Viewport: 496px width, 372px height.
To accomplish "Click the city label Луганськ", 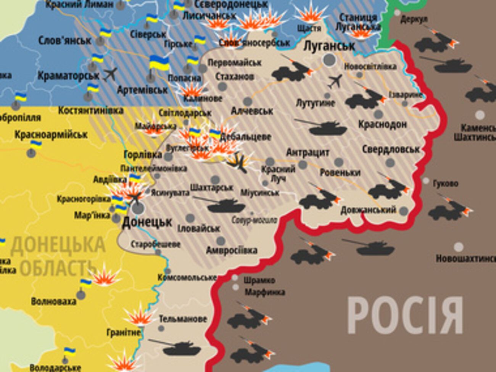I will click(x=329, y=46).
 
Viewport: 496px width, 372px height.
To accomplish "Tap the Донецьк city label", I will click(x=147, y=222).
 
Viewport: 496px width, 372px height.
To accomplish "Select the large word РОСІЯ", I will click(x=405, y=316).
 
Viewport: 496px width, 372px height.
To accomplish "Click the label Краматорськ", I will click(x=68, y=76).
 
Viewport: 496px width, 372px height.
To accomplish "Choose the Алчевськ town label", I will click(x=252, y=111).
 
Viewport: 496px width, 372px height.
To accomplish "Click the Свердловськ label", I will click(x=391, y=149).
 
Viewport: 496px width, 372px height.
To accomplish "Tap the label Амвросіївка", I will click(x=232, y=251).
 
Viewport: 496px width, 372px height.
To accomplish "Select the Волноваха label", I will click(x=53, y=301).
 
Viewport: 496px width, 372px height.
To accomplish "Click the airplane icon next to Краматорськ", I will click(x=110, y=74).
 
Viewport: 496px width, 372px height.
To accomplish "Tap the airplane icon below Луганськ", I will click(x=335, y=81).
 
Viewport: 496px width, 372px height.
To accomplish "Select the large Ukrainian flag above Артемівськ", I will click(x=159, y=63).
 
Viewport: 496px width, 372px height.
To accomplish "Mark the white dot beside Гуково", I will click(x=426, y=181).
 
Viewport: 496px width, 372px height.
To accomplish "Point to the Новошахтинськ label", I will click(x=465, y=259).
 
